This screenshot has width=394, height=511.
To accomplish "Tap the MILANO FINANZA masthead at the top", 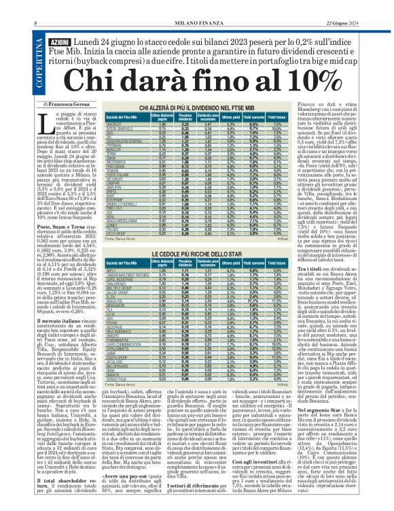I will point(196,5).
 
